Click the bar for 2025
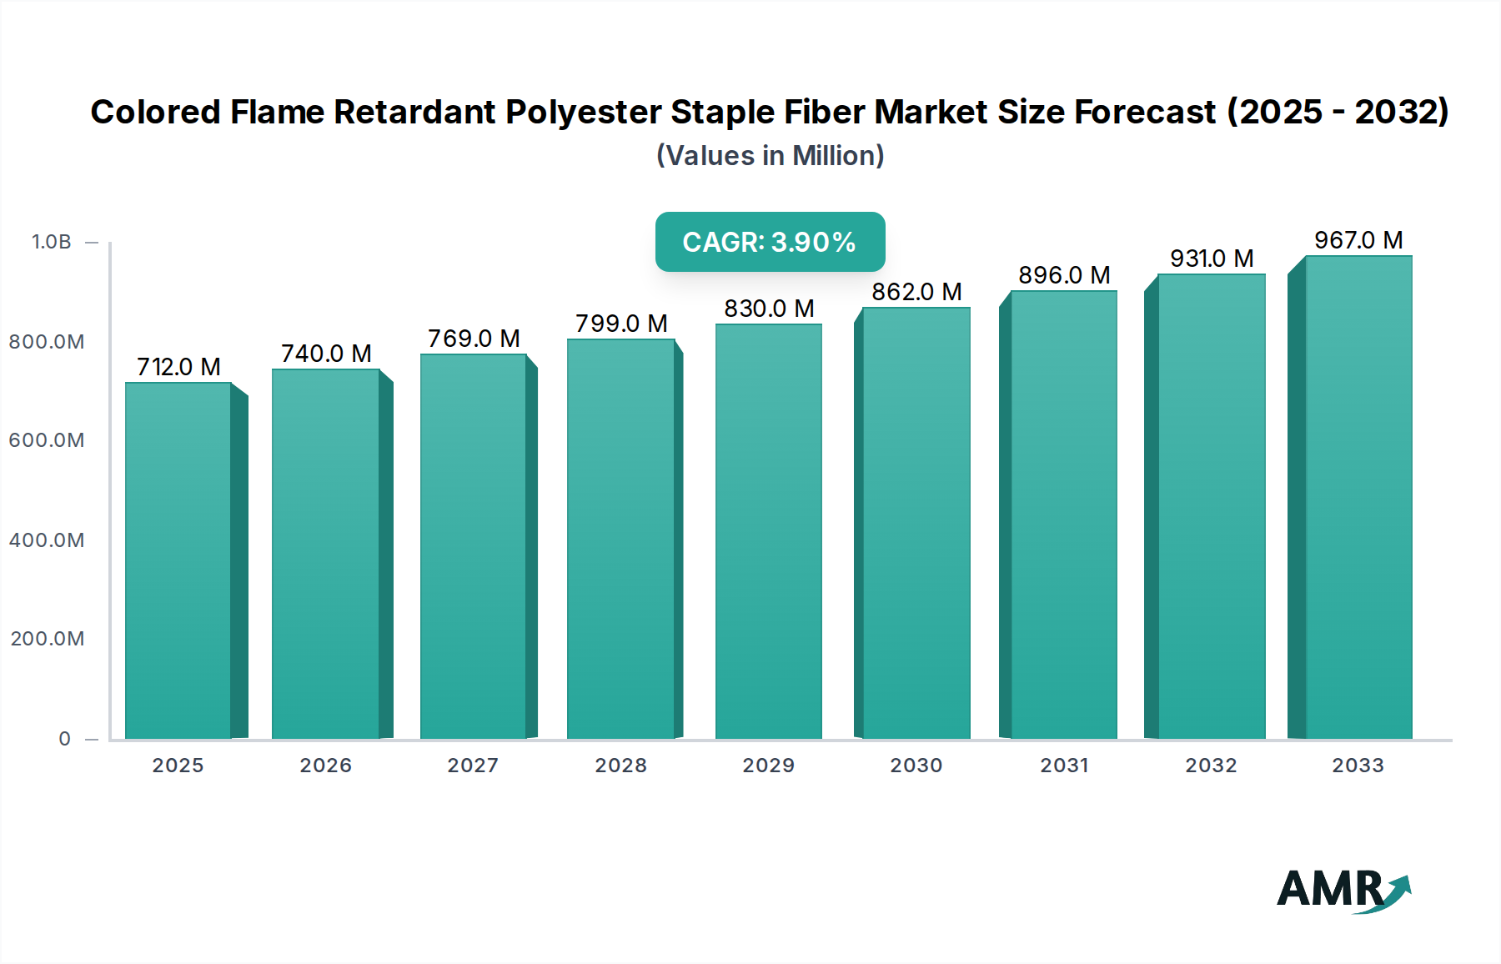click(x=178, y=560)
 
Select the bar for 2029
click(x=768, y=531)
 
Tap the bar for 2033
click(x=1358, y=498)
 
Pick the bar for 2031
click(x=1063, y=515)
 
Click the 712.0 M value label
click(x=178, y=367)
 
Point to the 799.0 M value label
click(x=621, y=324)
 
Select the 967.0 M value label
click(x=1358, y=240)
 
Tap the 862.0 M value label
click(x=916, y=292)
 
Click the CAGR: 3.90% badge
click(x=769, y=242)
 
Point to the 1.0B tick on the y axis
click(x=52, y=242)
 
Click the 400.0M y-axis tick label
click(x=47, y=540)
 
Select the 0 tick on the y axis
click(x=64, y=739)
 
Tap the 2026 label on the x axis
click(x=325, y=766)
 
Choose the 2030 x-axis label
click(x=916, y=766)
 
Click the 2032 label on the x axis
click(x=1211, y=766)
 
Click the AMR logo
click(x=1343, y=890)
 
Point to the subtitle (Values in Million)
click(x=770, y=156)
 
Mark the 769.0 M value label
click(x=474, y=339)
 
